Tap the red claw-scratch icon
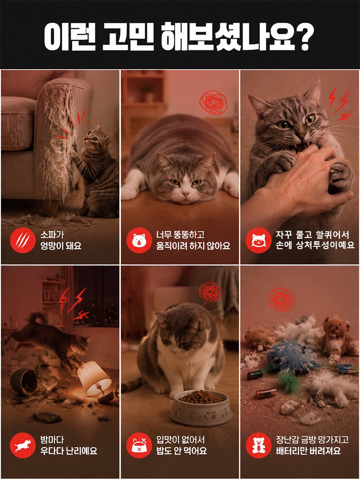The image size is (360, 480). coord(23,240)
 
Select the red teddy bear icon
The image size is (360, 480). coord(258,445)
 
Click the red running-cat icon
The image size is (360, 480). coord(23,445)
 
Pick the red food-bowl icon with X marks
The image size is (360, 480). coord(139,445)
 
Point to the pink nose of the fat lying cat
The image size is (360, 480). coord(186,194)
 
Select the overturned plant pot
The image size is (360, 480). coord(25,382)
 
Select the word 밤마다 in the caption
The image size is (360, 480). coord(52,440)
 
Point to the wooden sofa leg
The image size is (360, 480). coord(50,208)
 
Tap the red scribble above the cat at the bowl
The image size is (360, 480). coord(210,292)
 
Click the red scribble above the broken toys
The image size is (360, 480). coord(281,300)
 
